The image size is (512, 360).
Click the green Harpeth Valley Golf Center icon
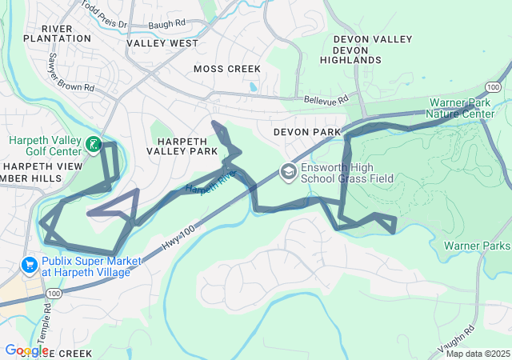click(94, 145)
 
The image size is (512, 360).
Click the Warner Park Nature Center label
click(462, 109)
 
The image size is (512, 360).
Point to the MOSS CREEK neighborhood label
click(227, 70)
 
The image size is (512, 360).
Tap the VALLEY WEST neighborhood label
click(162, 43)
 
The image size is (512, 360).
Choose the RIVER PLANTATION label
click(57, 32)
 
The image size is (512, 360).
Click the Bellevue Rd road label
click(326, 100)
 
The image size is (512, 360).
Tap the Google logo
click(26, 350)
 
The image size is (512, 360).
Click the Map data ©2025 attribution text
click(477, 354)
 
